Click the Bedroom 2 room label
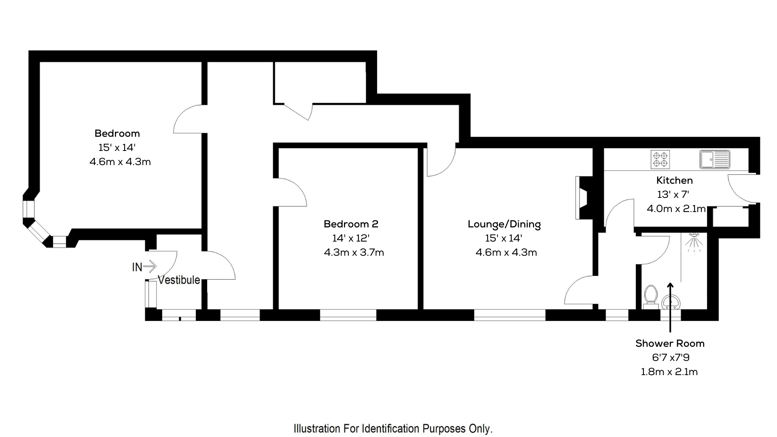(350, 224)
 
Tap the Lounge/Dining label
(504, 224)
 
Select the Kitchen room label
(674, 180)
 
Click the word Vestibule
(178, 280)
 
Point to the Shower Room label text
(670, 344)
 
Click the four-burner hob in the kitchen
(660, 159)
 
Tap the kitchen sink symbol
(715, 159)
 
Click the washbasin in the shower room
(671, 302)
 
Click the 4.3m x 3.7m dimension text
(354, 252)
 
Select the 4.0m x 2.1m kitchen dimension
(676, 209)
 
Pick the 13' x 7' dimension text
(673, 195)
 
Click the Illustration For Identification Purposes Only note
(393, 429)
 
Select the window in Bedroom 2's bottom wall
(348, 315)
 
